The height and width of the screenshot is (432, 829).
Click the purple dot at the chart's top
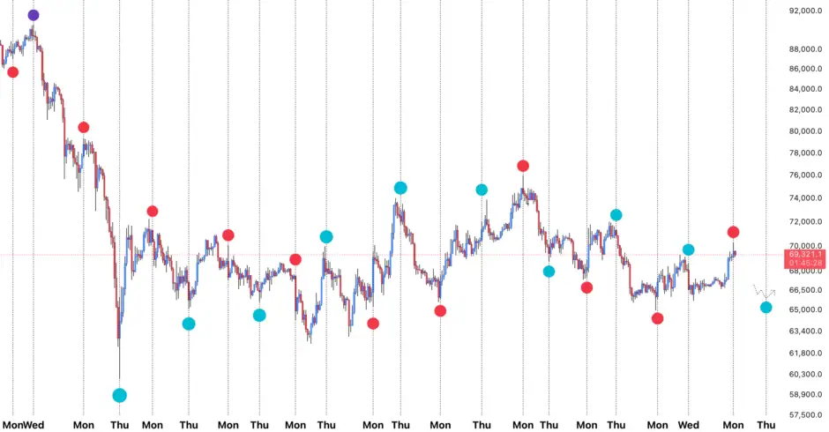(34, 15)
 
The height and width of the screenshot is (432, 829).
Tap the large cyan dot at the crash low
(120, 395)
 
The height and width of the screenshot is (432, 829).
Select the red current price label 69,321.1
(807, 254)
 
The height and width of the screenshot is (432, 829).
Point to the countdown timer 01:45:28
(807, 263)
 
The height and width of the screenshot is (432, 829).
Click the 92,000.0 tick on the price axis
(806, 11)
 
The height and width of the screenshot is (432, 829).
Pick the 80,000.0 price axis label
(806, 131)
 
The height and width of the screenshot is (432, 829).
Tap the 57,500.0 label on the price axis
(806, 415)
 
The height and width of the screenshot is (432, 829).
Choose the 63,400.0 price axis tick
(806, 331)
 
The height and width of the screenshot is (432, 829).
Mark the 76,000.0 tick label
(806, 175)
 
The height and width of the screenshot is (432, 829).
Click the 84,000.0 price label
(806, 89)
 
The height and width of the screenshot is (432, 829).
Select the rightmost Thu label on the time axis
(767, 424)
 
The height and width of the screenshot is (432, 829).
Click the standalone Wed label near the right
(690, 424)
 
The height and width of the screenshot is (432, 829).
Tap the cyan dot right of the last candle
(766, 307)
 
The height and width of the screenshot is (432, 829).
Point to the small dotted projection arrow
(764, 291)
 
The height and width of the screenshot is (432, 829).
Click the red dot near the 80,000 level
(84, 128)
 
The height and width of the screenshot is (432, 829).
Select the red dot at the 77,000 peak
(523, 166)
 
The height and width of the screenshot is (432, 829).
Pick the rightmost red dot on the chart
(733, 232)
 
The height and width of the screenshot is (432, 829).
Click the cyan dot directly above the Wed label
(689, 250)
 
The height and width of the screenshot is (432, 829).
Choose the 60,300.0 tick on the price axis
(806, 374)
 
